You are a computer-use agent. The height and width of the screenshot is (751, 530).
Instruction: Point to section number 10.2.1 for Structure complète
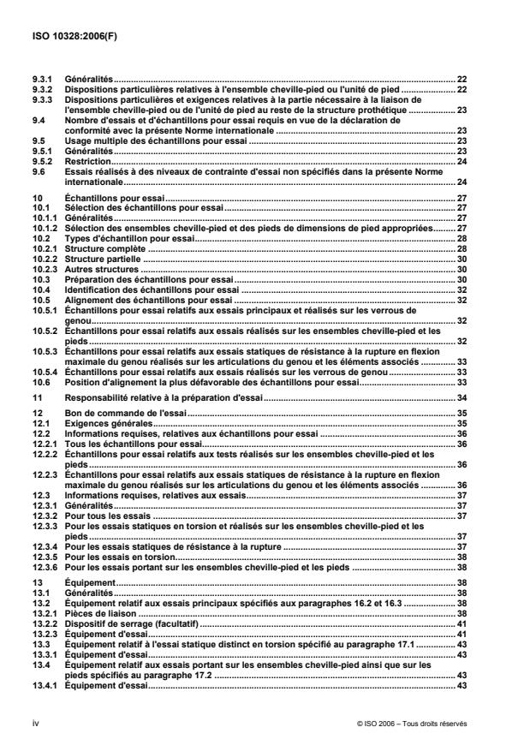(42, 248)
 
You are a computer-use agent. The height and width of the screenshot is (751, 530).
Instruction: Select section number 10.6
(37, 360)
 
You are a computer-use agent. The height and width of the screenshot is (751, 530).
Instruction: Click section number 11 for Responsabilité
(33, 375)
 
